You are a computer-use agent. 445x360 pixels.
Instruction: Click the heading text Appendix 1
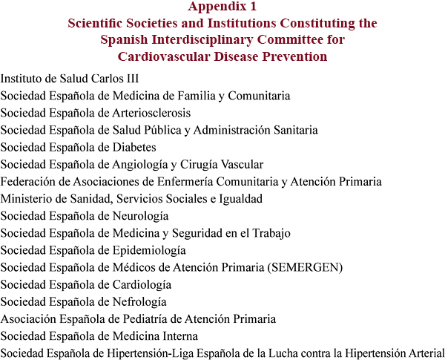click(222, 7)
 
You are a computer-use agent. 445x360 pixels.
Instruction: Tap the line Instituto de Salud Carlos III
click(70, 79)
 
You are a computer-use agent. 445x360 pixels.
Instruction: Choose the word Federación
click(28, 182)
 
